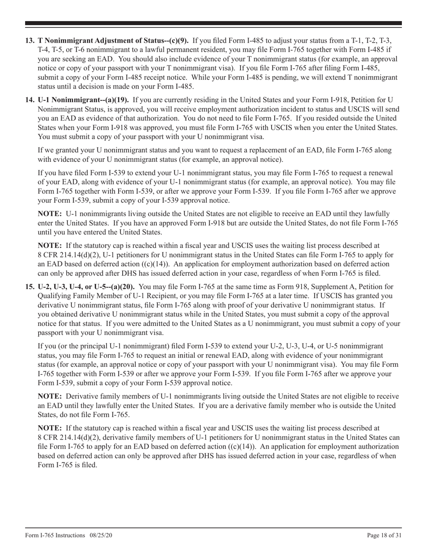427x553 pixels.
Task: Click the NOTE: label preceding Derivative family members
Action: [49, 396]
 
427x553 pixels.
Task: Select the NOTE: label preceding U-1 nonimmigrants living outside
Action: [49, 214]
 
